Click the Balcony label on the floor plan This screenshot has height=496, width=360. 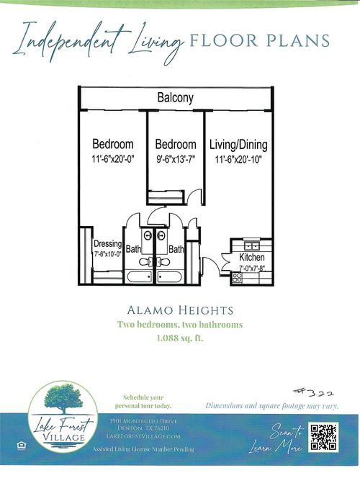(x=175, y=98)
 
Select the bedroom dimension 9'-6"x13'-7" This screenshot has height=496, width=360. (x=176, y=158)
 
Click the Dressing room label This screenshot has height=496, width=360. (x=107, y=243)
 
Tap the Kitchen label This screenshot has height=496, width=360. (x=251, y=258)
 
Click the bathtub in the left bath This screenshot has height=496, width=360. (x=138, y=276)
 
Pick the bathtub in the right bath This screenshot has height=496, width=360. (x=171, y=276)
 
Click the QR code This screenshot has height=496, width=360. (x=323, y=437)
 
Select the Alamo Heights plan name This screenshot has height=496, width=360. (x=179, y=311)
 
